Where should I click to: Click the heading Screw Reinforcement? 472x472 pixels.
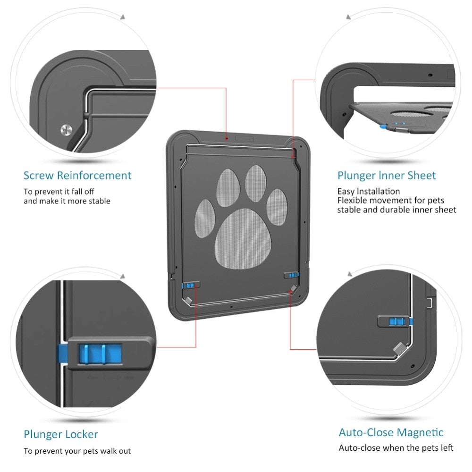[x=77, y=176]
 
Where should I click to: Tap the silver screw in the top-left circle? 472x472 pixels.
[x=66, y=129]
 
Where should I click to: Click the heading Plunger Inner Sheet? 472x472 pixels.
[x=387, y=176]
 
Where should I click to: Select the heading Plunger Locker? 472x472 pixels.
[x=61, y=434]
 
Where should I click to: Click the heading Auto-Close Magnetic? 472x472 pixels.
[x=391, y=432]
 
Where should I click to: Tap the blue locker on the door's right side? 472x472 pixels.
[x=293, y=275]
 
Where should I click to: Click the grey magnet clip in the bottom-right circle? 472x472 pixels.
[x=401, y=349]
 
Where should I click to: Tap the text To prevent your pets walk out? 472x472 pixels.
[x=77, y=451]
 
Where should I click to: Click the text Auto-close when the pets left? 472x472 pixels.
[x=396, y=448]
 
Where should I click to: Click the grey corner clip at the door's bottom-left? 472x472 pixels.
[x=187, y=300]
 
